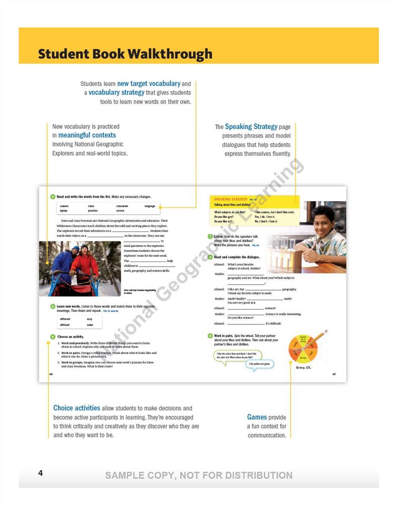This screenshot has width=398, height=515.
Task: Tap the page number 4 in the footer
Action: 40,473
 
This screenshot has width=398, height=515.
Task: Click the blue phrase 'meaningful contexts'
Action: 87,135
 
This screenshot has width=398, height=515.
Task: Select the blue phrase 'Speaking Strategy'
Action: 251,127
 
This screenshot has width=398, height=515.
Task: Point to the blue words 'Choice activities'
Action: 77,408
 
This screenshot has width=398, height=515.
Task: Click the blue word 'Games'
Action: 257,417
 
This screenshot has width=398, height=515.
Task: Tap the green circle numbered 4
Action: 53,197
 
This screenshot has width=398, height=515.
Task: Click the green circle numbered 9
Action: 210,335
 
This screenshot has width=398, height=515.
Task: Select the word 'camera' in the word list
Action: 64,206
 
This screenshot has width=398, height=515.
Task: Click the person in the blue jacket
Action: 65,265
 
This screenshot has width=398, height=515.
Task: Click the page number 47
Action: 334,374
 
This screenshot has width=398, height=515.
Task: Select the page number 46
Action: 51,374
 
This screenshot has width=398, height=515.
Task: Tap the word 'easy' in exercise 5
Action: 89,319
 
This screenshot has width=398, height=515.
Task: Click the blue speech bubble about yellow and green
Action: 260,364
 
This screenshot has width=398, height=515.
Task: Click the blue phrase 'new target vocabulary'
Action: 149,83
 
